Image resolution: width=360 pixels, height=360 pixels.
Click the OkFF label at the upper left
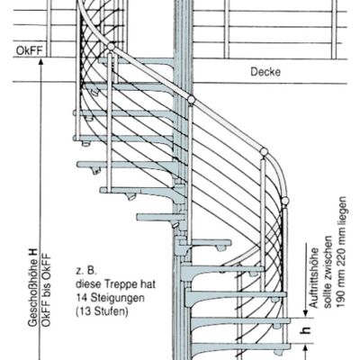[x=29, y=50]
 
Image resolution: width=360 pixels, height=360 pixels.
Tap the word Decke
[x=265, y=72]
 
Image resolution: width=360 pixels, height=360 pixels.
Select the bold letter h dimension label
[x=305, y=330]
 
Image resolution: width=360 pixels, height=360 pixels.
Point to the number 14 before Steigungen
[x=82, y=298]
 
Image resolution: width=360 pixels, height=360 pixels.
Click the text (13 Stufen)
[x=102, y=311]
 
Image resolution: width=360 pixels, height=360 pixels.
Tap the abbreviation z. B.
[x=86, y=271]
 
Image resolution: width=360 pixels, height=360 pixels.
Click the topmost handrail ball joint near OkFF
[x=111, y=47]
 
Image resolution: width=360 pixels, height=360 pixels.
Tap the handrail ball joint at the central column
[x=191, y=99]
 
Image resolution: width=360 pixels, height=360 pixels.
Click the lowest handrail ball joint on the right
[x=285, y=201]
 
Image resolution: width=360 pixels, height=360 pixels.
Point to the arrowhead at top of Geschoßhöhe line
[x=41, y=62]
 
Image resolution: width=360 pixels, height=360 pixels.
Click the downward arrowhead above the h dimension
[x=305, y=313]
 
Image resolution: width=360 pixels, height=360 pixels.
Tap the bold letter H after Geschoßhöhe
[x=32, y=253]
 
